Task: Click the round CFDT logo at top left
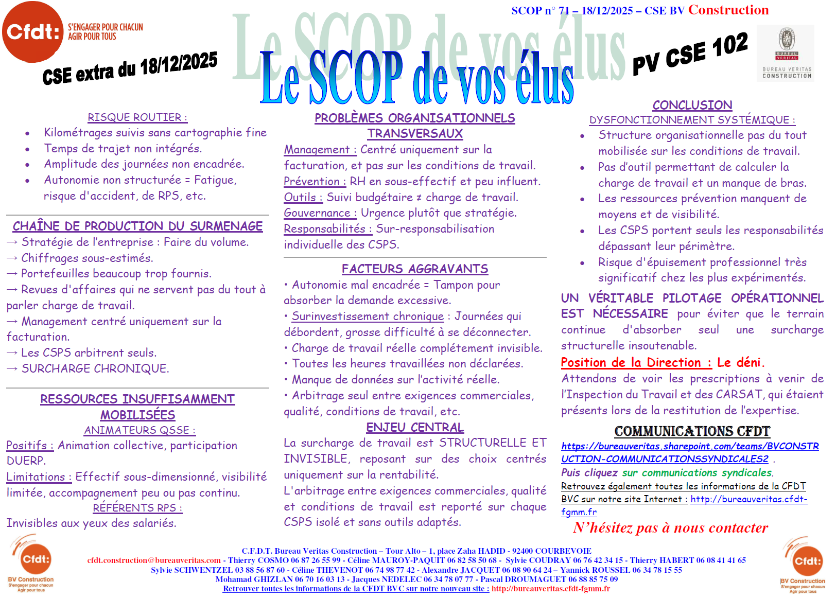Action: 33,32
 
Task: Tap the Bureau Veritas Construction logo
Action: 787,52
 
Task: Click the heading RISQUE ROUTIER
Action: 137,117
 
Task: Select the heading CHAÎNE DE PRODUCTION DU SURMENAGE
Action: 137,226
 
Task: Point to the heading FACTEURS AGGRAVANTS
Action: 415,269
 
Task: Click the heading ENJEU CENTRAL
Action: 415,428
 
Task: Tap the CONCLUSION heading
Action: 692,105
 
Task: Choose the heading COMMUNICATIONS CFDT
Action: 692,431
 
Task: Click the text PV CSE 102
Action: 690,54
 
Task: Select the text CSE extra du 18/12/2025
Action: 130,68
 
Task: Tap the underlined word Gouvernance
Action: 317,213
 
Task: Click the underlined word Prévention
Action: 312,182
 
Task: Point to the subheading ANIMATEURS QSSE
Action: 140,430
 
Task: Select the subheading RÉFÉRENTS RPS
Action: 137,508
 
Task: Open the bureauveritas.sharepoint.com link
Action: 690,452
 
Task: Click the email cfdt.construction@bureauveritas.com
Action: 154,560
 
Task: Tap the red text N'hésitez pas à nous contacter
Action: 670,528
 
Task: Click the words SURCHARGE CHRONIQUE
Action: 95,369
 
